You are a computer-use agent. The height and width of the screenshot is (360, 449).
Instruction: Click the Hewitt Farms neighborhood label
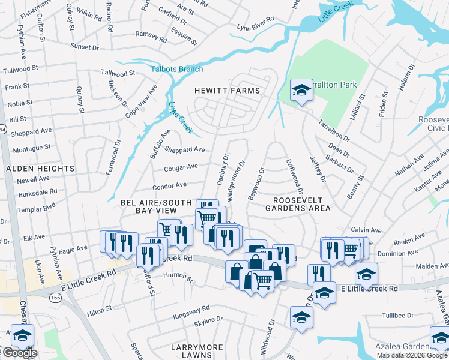click(x=228, y=91)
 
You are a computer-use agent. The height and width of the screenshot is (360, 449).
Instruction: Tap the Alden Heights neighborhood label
click(x=40, y=169)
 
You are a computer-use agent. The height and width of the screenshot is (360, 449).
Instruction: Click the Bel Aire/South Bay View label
click(x=149, y=206)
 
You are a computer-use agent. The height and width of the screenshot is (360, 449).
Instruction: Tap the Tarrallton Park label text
click(x=336, y=85)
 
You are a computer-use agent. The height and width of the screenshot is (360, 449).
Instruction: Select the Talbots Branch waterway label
click(x=176, y=69)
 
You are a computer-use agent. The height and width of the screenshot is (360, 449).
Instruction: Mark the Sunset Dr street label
click(x=84, y=46)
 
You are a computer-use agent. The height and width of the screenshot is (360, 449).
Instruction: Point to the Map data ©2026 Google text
click(x=412, y=355)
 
